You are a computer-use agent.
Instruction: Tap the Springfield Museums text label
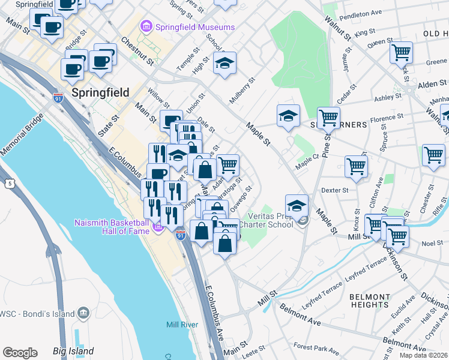tap(194, 27)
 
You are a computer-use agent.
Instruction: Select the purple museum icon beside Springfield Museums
tap(145, 27)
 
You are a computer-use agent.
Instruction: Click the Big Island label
tap(73, 350)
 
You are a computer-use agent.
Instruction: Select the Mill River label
tap(182, 325)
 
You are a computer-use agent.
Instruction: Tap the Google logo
tap(20, 352)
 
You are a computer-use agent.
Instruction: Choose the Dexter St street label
tap(335, 190)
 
